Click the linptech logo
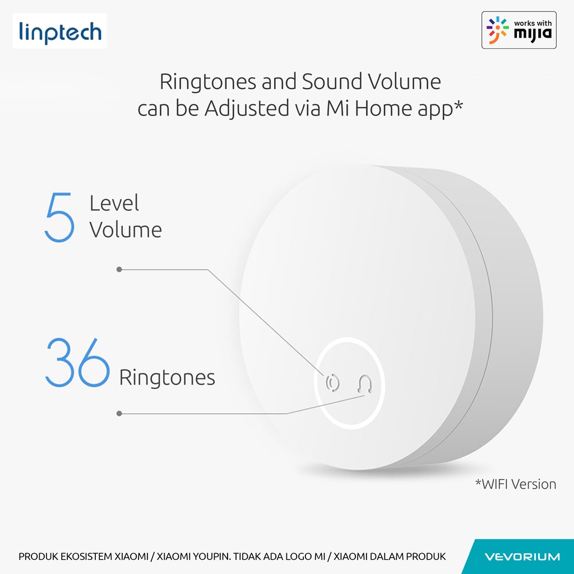pos(59,31)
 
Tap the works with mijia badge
pos(519,30)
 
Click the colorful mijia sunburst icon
pos(498,30)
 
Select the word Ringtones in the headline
pos(207,82)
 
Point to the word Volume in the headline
pos(404,81)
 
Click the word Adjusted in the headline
pos(247,109)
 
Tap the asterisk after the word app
pos(458,105)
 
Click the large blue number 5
pos(59,217)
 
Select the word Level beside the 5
pos(114,203)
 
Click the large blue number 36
pos(77,362)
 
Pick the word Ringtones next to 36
pos(167,378)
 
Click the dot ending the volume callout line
pos(119,270)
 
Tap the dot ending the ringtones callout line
pos(119,413)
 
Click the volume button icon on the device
pos(332,383)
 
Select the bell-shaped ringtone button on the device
pos(364,384)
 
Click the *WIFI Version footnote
pos(516,484)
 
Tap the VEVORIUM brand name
pos(522,557)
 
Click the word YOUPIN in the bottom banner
pos(212,557)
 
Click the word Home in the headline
pos(383,109)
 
